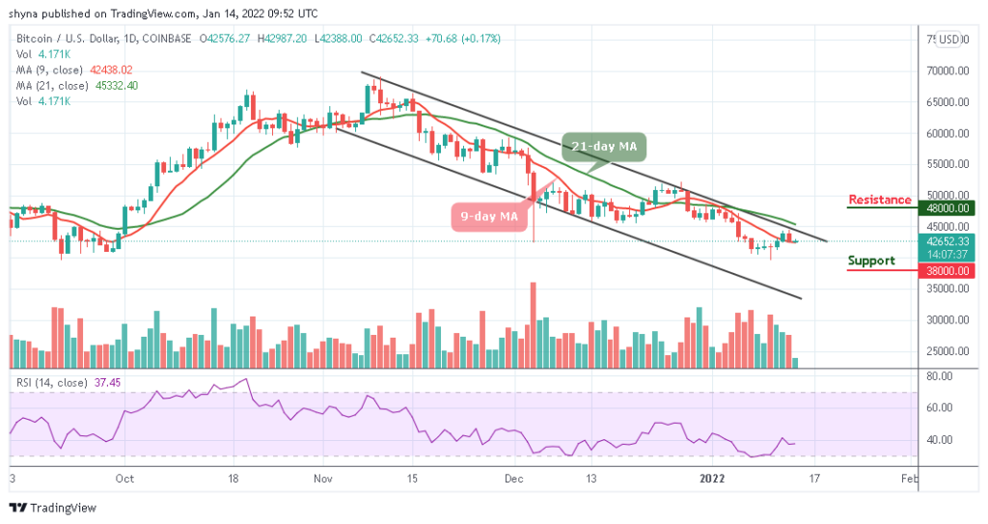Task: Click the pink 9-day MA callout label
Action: tap(489, 216)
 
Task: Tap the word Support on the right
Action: tap(871, 261)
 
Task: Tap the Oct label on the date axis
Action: tap(123, 478)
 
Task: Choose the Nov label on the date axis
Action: tap(323, 478)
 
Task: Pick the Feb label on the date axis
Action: tap(908, 478)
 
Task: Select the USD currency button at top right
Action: tap(949, 40)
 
